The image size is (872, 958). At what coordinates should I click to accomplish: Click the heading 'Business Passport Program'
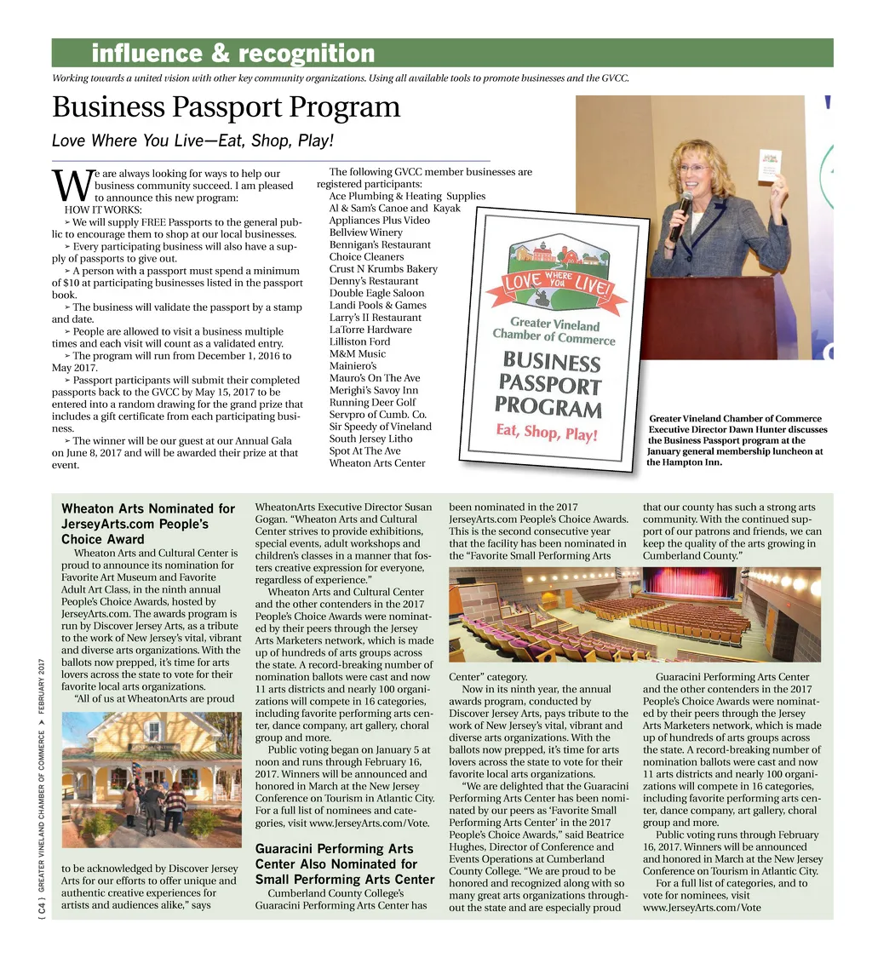pos(226,108)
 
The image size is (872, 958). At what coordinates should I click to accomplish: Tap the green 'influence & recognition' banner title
pos(232,54)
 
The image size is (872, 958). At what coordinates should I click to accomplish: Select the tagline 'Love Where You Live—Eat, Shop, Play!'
pos(192,141)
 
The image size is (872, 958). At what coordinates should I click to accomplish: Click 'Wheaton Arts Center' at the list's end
pos(376,463)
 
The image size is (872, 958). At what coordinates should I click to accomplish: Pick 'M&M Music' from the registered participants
pos(357,353)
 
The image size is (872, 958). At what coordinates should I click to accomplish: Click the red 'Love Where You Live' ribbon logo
pos(557,284)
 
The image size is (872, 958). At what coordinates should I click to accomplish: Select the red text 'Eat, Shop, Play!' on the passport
pos(547,433)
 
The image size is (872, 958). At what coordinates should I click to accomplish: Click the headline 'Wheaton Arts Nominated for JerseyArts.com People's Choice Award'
pos(147,524)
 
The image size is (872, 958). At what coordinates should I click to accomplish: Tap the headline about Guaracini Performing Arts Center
pos(345,863)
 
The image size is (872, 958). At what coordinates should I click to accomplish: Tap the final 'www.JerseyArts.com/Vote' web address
pos(702,908)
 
